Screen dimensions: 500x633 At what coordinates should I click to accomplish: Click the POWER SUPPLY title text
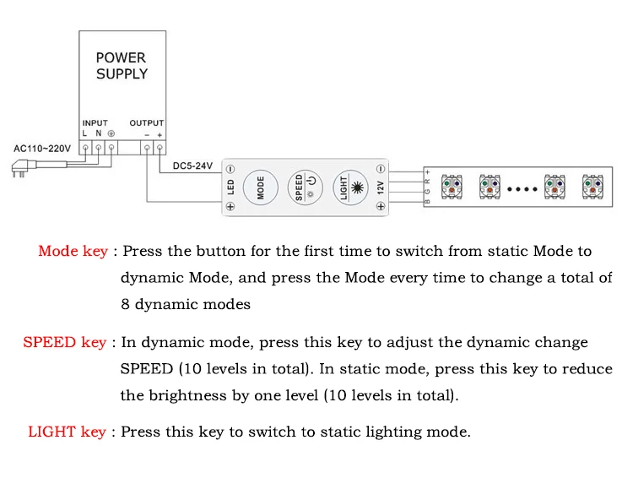122,66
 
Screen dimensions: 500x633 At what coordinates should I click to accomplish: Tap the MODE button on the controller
261,186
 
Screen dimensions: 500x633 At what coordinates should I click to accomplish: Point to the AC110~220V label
42,149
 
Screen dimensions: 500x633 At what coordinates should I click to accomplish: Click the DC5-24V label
193,166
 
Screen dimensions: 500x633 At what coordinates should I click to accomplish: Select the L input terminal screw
86,149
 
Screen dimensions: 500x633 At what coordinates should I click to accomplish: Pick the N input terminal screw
98,149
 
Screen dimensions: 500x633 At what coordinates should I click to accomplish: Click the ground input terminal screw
111,149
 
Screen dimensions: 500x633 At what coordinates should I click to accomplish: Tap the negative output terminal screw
147,149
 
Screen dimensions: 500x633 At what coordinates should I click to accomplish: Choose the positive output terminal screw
159,149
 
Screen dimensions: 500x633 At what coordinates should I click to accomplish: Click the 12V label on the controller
381,186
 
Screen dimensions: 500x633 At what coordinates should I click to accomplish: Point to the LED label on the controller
231,186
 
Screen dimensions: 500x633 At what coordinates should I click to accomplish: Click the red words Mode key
73,251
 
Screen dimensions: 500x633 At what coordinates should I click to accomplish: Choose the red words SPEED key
65,342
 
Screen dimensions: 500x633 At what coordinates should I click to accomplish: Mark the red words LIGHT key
68,432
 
